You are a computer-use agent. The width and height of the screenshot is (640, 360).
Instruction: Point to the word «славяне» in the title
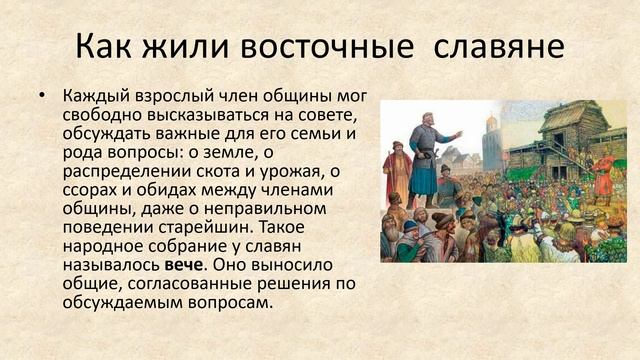pyautogui.click(x=497, y=48)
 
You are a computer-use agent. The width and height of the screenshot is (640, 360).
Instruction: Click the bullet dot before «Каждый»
pyautogui.click(x=42, y=96)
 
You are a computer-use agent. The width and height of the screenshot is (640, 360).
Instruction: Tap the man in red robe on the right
pyautogui.click(x=602, y=170)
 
